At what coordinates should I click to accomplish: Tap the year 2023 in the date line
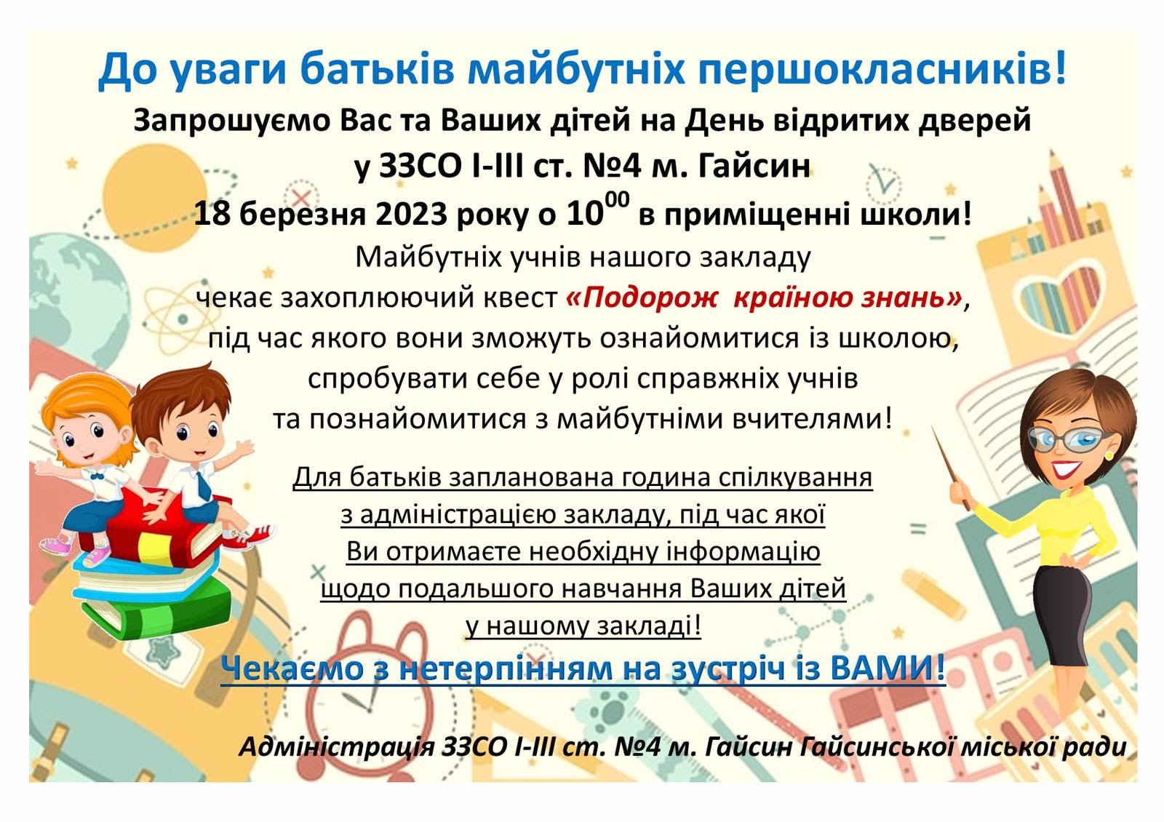click(410, 214)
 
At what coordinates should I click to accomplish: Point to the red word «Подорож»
click(642, 298)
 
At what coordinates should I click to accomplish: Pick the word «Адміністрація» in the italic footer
click(336, 747)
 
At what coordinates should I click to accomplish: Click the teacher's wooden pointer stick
click(951, 468)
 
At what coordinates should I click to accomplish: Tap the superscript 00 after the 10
click(617, 200)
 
